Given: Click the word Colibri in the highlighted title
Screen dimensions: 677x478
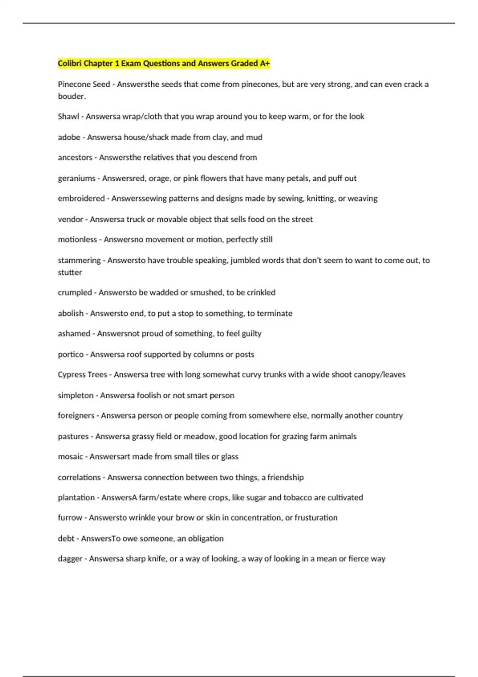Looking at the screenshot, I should click(x=69, y=63).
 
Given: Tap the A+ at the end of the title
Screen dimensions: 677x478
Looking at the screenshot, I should click(x=265, y=63).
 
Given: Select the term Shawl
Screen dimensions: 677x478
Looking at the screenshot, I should click(x=68, y=117).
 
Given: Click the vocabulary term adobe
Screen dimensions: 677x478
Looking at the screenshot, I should click(x=69, y=137).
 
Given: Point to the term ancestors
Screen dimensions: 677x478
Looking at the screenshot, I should click(x=75, y=158).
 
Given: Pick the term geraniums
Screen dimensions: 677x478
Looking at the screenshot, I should click(x=76, y=178).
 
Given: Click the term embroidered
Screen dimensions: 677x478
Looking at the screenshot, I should click(x=81, y=199).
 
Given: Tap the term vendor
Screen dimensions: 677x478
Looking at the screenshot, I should click(x=71, y=219).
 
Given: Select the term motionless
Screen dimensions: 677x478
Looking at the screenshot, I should click(x=77, y=240).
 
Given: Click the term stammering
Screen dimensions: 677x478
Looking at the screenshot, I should click(x=79, y=260).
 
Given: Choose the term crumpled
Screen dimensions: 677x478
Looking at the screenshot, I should click(x=75, y=293).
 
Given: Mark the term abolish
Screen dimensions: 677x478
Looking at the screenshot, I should click(x=71, y=313).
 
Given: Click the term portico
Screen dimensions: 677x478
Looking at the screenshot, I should click(x=71, y=354).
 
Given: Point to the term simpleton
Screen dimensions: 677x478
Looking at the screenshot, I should click(x=76, y=395).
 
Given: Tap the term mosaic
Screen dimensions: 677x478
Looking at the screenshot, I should click(x=70, y=457).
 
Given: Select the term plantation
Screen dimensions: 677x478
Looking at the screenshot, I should click(x=76, y=498).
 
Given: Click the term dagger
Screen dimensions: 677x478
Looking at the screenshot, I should click(x=70, y=559).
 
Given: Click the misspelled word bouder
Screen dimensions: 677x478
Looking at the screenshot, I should click(x=71, y=96).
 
